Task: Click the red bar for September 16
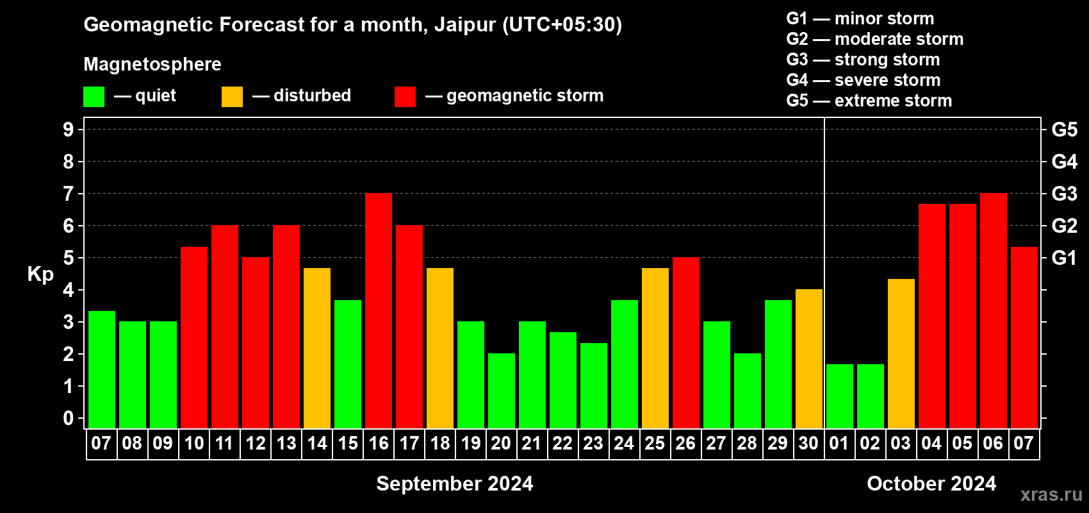378,310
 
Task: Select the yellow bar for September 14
317,348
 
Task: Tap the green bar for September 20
501,391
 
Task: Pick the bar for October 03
901,353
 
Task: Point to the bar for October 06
993,310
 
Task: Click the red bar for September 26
686,342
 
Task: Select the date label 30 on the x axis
808,443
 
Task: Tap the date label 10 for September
194,443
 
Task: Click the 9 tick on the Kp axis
68,130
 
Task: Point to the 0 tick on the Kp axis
68,418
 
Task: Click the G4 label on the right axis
1064,162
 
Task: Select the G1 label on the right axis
1064,258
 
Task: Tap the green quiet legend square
94,96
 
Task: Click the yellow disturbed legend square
232,96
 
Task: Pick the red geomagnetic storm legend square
405,96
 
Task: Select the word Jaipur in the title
465,25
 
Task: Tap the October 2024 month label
931,484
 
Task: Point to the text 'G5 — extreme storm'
869,101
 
